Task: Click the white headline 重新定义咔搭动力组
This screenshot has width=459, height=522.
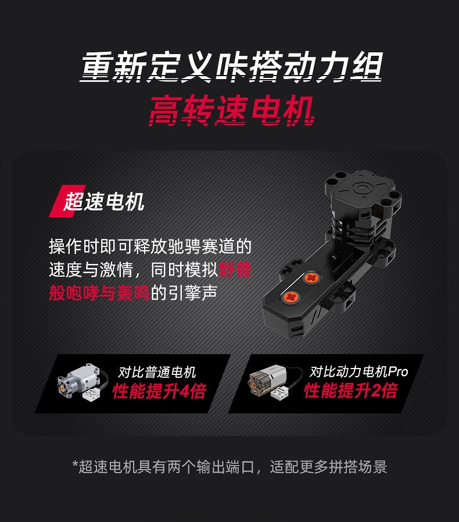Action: pos(231,67)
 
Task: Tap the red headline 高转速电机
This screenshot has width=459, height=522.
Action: pos(231,111)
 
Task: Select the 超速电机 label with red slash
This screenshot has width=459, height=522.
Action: pos(97,201)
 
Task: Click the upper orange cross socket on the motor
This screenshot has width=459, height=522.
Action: pos(311,278)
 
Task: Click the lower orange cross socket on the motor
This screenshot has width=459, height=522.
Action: pos(291,297)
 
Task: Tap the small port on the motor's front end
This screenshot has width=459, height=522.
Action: pos(296,330)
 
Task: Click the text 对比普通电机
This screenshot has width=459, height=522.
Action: pos(157,372)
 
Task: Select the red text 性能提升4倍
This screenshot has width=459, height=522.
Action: pos(159,391)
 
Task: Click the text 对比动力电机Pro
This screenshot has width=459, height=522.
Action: pos(359,371)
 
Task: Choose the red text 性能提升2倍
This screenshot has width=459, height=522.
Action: pos(351,390)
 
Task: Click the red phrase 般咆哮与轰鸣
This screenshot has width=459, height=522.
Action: pos(99,292)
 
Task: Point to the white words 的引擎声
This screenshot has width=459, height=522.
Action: pos(184,292)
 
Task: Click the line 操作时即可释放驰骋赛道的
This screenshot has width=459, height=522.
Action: pos(150,246)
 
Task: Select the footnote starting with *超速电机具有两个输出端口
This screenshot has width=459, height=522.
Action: pos(229,467)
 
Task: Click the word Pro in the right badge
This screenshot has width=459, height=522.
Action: pos(399,371)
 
